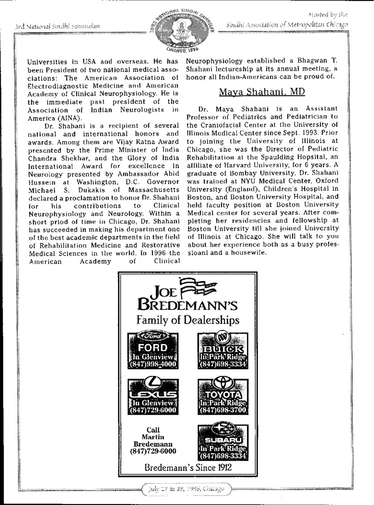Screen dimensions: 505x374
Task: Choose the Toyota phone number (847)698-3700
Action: (x=222, y=410)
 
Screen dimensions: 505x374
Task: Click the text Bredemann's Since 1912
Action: (x=188, y=467)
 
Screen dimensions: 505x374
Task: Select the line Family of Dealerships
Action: (x=188, y=320)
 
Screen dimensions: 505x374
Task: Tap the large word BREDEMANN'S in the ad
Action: (x=187, y=306)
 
